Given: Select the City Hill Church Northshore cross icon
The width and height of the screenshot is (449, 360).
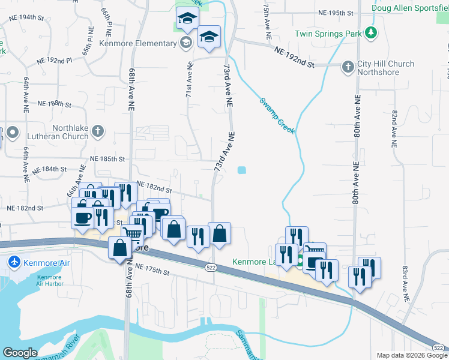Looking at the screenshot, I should click(x=348, y=67).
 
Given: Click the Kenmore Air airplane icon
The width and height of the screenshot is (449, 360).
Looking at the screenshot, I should click(x=14, y=262).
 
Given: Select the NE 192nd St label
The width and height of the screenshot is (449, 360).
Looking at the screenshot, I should click(x=294, y=59).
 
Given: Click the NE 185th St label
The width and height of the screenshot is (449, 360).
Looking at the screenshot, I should click(x=107, y=159).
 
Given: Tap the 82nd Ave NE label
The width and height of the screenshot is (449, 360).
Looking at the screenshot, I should click(x=394, y=129).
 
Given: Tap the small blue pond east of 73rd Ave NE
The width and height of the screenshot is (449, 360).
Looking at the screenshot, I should click(x=241, y=170).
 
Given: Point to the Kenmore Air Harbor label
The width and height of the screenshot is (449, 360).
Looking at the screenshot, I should click(x=49, y=281).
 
